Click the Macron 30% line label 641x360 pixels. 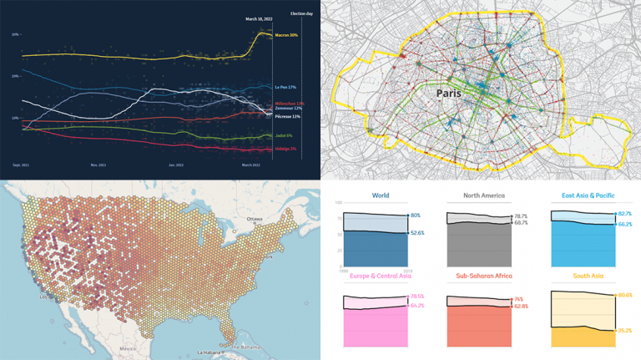pos(286,35)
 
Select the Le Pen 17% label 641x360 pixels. pos(285,87)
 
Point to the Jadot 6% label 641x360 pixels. pos(285,135)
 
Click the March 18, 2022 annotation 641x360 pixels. pos(262,18)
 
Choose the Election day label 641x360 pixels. pos(300,13)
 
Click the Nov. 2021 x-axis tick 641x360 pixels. pos(98,165)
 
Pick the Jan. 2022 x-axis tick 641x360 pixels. pos(176,165)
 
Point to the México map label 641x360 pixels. pos(127,347)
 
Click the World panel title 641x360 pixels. pos(380,195)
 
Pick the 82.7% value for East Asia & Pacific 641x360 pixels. pos(625,214)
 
